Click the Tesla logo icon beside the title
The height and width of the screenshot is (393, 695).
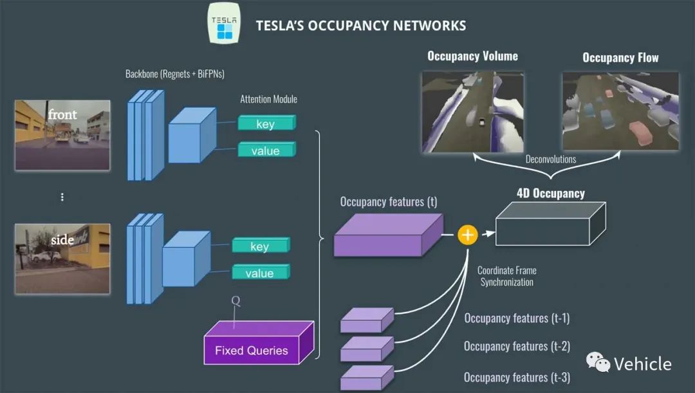pyautogui.click(x=225, y=24)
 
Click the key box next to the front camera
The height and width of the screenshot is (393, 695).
pyautogui.click(x=266, y=123)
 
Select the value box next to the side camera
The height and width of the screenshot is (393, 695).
pyautogui.click(x=261, y=272)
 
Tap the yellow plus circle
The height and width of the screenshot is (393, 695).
pyautogui.click(x=468, y=235)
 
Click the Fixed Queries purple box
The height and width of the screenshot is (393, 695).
pyautogui.click(x=259, y=343)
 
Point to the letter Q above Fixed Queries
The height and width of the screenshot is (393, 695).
pyautogui.click(x=236, y=301)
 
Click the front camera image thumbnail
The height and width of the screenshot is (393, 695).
pyautogui.click(x=62, y=135)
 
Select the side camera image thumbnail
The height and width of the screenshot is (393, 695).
pyautogui.click(x=62, y=259)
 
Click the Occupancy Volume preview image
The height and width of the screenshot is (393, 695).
pyautogui.click(x=473, y=112)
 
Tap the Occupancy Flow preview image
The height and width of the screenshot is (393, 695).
pyautogui.click(x=620, y=111)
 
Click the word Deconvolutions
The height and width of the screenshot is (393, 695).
pyautogui.click(x=550, y=160)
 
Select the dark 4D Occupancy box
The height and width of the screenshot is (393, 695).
pyautogui.click(x=550, y=224)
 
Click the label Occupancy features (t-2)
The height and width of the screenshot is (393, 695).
pyautogui.click(x=517, y=346)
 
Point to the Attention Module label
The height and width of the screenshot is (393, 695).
pyautogui.click(x=268, y=99)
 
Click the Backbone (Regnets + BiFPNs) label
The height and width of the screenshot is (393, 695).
pyautogui.click(x=174, y=74)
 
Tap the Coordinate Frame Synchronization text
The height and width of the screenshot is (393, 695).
pyautogui.click(x=507, y=276)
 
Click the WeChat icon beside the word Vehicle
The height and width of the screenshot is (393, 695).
pyautogui.click(x=598, y=362)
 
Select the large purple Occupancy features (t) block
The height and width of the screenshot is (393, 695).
pyautogui.click(x=388, y=235)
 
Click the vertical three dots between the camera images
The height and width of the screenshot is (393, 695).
pyautogui.click(x=62, y=197)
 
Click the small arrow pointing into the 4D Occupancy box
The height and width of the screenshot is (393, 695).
pyautogui.click(x=488, y=233)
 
